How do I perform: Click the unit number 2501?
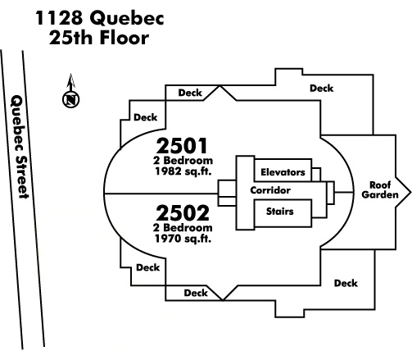[182, 146]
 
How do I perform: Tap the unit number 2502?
[183, 213]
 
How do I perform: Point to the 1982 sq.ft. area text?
[183, 171]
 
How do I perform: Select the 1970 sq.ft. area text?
[183, 239]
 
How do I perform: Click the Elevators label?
[283, 172]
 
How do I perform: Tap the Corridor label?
[270, 190]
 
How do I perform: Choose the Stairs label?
[280, 212]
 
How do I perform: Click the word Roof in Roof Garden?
[380, 185]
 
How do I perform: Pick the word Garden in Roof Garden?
[380, 194]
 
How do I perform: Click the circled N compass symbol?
[71, 99]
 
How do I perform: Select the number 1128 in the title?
[59, 18]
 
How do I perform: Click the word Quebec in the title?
[127, 19]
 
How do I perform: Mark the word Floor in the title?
[125, 38]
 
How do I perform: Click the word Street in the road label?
[22, 177]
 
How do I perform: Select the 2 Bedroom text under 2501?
[183, 160]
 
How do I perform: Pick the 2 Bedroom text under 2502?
[183, 227]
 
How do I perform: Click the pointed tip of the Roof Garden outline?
[410, 193]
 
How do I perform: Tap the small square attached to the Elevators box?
[316, 175]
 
